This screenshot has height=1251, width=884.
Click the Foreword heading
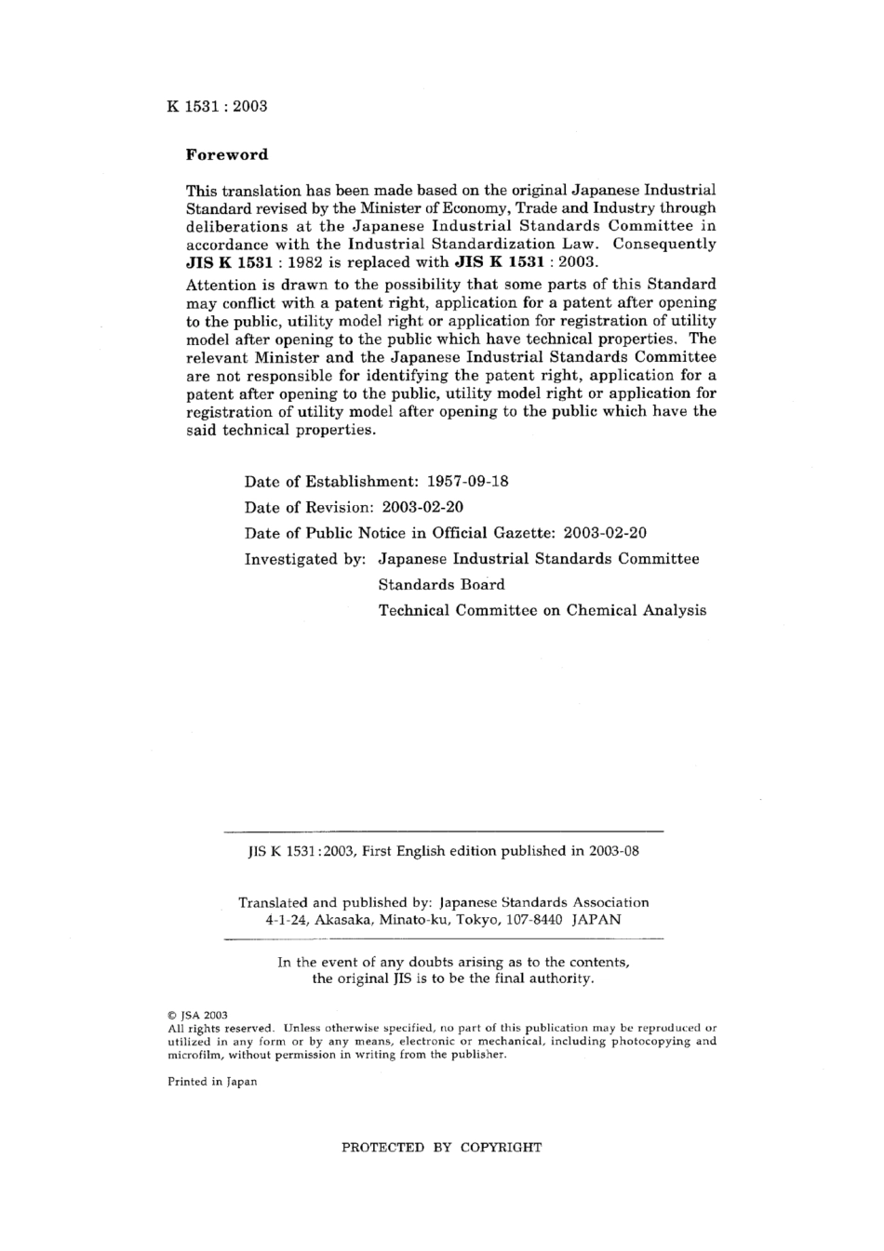[x=227, y=155]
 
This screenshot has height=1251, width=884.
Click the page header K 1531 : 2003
[x=217, y=106]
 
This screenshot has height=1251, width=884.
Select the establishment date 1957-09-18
[x=467, y=482]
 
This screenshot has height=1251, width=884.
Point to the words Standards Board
[x=441, y=585]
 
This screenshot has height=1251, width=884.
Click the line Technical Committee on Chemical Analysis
[x=542, y=611]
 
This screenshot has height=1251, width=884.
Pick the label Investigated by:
[x=305, y=559]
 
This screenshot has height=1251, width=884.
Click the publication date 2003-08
[x=613, y=851]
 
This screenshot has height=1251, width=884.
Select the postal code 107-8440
[x=533, y=920]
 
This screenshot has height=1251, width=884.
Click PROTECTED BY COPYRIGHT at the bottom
[x=441, y=1148]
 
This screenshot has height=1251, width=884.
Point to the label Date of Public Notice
[x=324, y=534]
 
